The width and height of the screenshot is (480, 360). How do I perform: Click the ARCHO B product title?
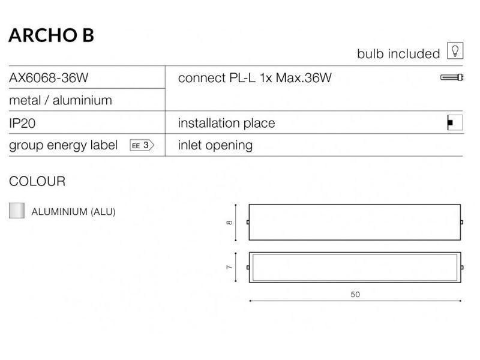(51, 35)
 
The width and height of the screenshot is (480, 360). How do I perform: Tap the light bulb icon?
(455, 50)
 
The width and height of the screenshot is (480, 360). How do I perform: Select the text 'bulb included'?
(398, 54)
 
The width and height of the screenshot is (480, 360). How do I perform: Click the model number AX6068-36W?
(49, 78)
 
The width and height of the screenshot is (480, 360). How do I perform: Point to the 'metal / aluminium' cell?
(61, 100)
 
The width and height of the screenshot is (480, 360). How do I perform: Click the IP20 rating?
(22, 124)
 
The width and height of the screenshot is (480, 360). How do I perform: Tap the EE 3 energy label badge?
(142, 145)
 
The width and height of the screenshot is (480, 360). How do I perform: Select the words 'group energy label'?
(64, 145)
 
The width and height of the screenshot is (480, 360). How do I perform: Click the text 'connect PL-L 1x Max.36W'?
(254, 78)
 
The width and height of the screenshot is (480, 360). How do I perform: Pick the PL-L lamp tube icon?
(452, 77)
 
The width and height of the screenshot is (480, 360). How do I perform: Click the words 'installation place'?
(227, 123)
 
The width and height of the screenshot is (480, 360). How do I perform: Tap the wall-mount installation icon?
(455, 123)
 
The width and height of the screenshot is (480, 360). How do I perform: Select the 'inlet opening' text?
(215, 145)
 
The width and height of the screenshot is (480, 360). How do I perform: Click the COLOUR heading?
(37, 181)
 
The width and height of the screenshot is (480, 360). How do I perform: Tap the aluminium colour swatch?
(17, 211)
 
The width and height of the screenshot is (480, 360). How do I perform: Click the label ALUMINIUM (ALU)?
(73, 212)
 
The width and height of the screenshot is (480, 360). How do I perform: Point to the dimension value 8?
(229, 223)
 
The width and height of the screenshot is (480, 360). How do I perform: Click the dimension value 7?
(229, 267)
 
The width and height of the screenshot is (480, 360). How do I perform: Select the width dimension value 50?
(355, 295)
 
